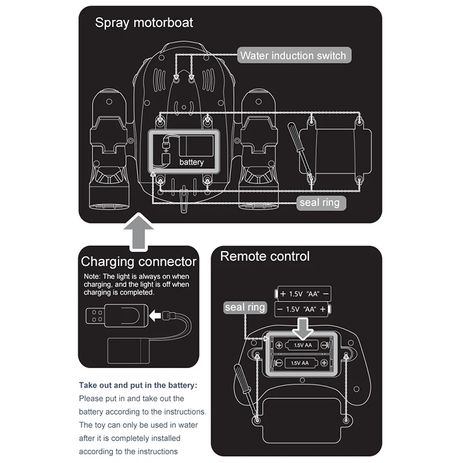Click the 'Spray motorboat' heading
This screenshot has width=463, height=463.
tap(144, 23)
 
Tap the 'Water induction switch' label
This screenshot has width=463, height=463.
tap(293, 56)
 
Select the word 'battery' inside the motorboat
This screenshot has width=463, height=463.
tap(192, 162)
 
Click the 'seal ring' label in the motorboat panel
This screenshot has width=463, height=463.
tap(319, 203)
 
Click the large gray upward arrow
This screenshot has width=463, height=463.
tap(139, 231)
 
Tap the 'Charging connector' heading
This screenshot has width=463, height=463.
tap(139, 262)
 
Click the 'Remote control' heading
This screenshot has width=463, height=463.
tap(264, 256)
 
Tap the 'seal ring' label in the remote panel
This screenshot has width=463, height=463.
tap(245, 308)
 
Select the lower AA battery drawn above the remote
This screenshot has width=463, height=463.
tap(303, 310)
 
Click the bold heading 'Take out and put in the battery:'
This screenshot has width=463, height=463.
tap(138, 385)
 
